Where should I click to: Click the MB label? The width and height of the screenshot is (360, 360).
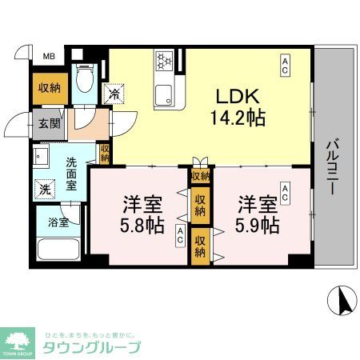pos(49,55)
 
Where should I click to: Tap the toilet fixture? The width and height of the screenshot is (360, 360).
pos(83,79)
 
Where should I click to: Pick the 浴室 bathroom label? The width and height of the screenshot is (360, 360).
pos(58,222)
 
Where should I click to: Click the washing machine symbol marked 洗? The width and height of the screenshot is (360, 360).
pos(45,190)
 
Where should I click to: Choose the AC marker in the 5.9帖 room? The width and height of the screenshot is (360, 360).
pos(285,191)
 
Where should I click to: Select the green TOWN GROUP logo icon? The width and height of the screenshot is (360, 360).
pos(21,339)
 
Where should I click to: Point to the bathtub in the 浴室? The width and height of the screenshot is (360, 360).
pos(58,248)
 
